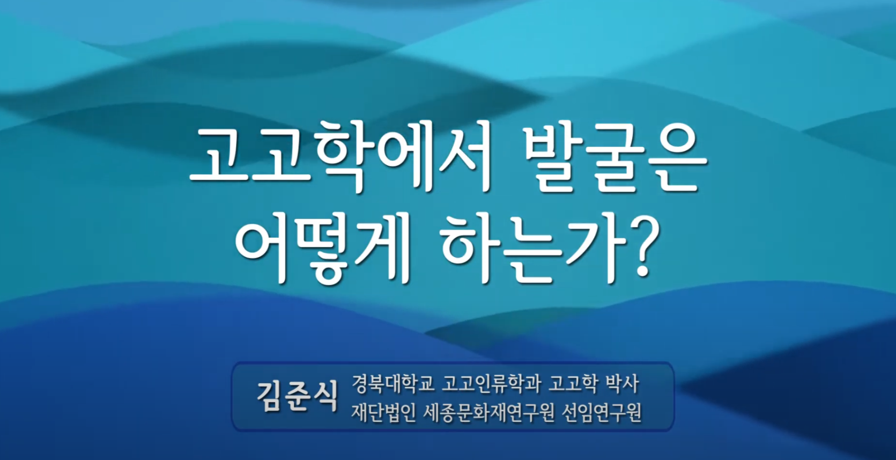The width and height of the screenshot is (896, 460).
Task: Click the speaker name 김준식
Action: coord(297,396)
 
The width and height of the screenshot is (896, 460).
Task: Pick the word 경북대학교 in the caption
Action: coord(393,384)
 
